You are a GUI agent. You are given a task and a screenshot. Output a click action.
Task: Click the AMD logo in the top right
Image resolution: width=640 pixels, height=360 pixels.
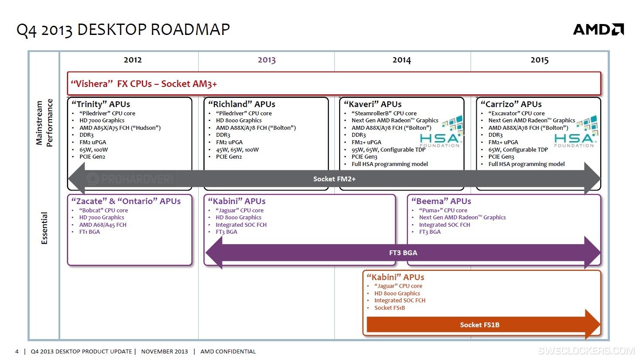pos(598,29)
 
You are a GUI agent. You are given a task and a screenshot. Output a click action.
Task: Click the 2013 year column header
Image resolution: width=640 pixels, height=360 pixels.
pos(266,60)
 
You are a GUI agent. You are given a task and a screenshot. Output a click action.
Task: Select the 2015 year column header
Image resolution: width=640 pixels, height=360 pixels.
pos(539,60)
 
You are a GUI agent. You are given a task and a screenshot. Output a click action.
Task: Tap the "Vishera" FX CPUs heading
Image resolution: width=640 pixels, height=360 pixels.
pos(144,84)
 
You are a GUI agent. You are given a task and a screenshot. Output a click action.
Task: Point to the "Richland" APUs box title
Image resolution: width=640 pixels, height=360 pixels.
pos(241,104)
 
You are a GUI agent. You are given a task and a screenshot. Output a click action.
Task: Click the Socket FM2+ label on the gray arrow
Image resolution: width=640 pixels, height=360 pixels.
pos(334,179)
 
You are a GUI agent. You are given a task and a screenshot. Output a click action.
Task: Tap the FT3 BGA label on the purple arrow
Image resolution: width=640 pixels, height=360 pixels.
pos(403,253)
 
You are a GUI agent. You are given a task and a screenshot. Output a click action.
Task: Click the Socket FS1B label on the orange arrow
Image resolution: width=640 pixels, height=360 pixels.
pos(479,325)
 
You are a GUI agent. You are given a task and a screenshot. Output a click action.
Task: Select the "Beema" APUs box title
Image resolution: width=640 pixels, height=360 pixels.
pos(441,201)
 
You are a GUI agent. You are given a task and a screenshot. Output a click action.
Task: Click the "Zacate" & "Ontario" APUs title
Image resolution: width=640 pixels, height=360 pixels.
pos(126,201)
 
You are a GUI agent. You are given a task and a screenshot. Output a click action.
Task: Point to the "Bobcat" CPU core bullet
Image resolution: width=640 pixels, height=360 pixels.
pos(103,210)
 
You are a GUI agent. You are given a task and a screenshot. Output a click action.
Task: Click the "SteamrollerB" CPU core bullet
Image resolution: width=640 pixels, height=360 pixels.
pos(384,113)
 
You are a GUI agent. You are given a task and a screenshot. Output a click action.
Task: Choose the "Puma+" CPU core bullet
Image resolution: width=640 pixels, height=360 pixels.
pos(443,210)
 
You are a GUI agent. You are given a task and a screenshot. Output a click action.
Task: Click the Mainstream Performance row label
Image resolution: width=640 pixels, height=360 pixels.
pos(44,123)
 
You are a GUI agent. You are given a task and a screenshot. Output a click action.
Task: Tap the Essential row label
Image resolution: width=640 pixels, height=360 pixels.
pos(44,228)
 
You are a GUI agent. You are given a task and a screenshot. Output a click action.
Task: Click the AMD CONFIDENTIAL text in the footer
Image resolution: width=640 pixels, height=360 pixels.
pos(228,351)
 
